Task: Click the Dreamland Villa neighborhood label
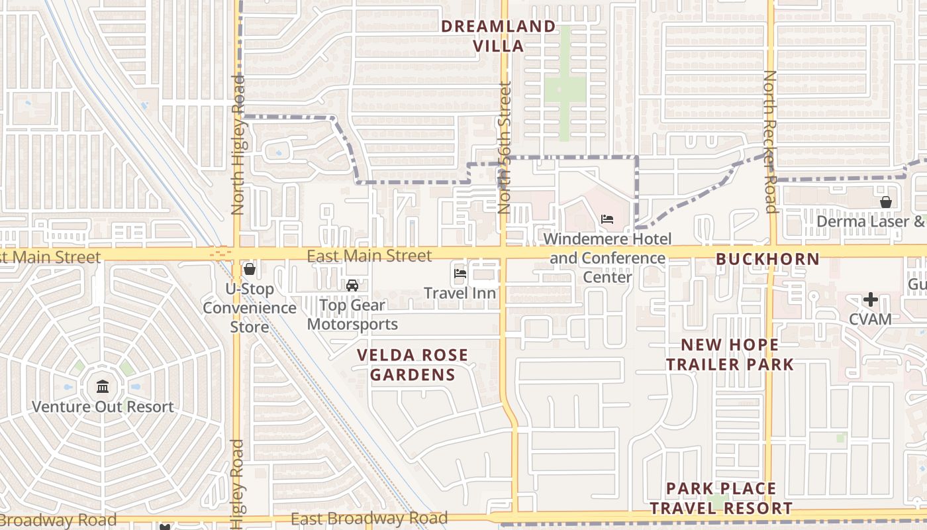click(499, 36)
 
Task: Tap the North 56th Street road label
click(505, 147)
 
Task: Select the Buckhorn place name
click(767, 259)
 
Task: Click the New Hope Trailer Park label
click(730, 354)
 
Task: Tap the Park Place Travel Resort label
click(720, 498)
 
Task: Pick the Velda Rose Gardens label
click(413, 365)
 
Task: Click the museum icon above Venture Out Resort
click(103, 386)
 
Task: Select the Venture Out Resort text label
click(103, 407)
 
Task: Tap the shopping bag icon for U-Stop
click(250, 269)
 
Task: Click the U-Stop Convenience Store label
click(250, 308)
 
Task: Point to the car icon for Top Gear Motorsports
click(352, 286)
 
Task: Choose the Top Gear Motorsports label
click(352, 315)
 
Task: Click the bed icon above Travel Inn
click(460, 272)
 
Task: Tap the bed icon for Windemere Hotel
click(607, 219)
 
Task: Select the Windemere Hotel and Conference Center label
click(607, 258)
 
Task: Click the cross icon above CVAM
click(870, 299)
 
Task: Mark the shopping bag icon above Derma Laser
click(885, 202)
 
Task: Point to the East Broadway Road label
click(369, 519)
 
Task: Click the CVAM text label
click(870, 319)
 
